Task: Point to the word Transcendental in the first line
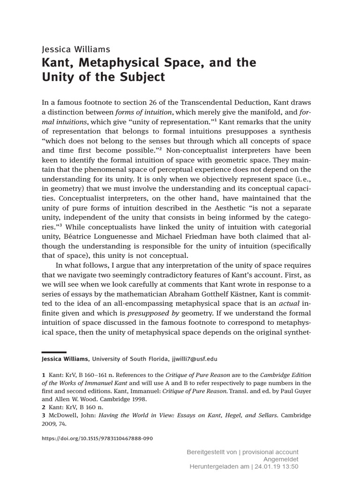click(x=200, y=102)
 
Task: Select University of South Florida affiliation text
click(x=129, y=359)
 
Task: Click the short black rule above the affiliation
click(x=54, y=352)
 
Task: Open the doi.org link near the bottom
click(x=97, y=439)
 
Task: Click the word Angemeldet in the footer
click(x=282, y=459)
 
